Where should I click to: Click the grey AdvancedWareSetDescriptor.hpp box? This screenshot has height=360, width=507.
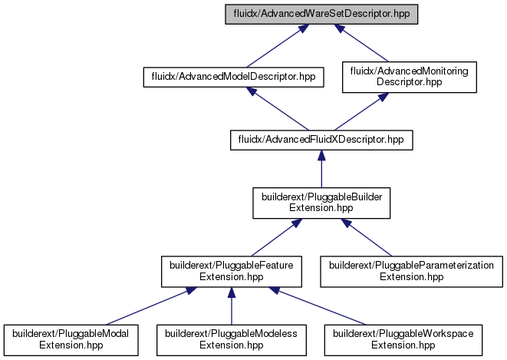click(x=321, y=15)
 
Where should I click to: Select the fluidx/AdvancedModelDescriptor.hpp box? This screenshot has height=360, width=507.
click(x=233, y=77)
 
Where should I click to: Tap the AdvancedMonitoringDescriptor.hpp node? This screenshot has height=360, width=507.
click(x=410, y=77)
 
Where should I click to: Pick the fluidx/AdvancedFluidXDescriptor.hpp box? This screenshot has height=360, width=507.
click(x=321, y=140)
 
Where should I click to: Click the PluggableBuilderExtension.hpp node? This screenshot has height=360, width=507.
click(x=321, y=203)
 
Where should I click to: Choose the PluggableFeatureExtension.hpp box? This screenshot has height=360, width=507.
click(x=232, y=272)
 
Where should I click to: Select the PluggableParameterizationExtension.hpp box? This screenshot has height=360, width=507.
click(x=411, y=272)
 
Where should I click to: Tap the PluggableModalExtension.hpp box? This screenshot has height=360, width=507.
click(x=71, y=340)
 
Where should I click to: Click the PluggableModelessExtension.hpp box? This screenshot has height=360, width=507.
click(x=232, y=340)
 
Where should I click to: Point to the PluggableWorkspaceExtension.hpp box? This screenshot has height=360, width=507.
click(x=403, y=340)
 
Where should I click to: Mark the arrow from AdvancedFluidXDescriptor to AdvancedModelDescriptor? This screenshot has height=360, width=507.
click(x=278, y=109)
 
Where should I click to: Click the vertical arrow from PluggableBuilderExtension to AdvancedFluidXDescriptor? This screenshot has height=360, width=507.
click(x=321, y=169)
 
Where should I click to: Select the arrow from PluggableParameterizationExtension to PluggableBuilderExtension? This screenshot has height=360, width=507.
click(x=367, y=237)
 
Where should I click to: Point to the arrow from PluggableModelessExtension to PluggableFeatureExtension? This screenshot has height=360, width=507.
click(x=232, y=306)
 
